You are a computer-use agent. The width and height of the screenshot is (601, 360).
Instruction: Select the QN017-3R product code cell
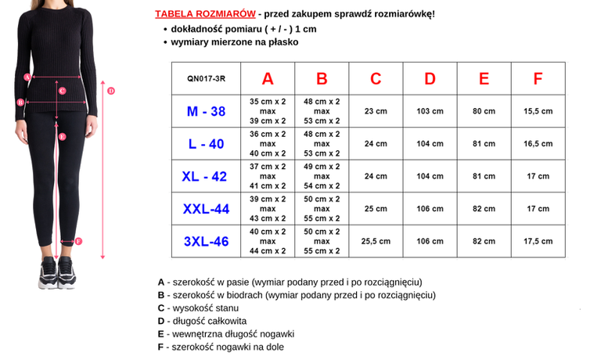point(206,78)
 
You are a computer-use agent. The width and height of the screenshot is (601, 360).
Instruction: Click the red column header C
point(376,78)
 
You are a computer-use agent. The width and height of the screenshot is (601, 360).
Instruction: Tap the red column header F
point(538,78)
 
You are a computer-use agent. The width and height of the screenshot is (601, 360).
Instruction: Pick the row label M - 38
point(206,111)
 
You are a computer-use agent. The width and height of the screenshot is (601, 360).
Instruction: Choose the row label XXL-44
point(206,209)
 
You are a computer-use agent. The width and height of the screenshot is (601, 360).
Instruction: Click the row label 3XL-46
point(206,241)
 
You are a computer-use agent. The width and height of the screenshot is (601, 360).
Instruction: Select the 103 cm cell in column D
point(430,111)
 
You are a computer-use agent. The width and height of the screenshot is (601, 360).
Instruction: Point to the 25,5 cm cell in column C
point(376,241)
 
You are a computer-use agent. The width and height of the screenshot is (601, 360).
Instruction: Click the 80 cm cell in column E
point(484,111)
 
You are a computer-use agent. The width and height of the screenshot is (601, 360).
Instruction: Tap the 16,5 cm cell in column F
point(538,144)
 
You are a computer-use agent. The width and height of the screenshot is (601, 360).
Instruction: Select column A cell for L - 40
point(268,144)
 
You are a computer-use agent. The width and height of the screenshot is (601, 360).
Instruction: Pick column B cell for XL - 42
point(322,176)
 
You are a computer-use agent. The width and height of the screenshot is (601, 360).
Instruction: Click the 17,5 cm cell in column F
point(538,241)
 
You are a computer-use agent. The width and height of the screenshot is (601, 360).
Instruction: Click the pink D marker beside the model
point(111,91)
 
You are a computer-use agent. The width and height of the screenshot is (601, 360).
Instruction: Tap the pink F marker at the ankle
point(78,241)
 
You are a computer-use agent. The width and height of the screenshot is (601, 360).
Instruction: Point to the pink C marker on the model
point(62,91)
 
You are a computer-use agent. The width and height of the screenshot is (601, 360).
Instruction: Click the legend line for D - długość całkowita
point(202,321)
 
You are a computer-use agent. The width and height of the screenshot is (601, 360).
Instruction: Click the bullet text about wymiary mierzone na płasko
point(235,42)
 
